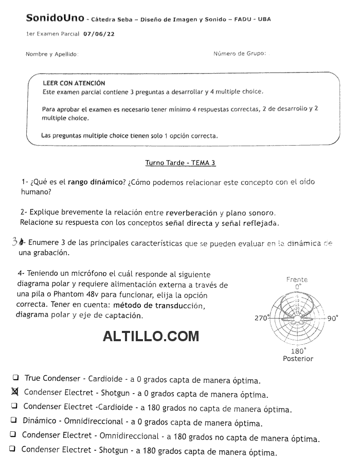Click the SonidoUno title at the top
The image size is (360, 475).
click(55, 19)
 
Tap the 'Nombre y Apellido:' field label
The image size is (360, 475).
click(52, 54)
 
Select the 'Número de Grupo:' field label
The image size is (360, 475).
click(240, 54)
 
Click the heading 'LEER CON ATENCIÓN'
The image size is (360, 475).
click(74, 83)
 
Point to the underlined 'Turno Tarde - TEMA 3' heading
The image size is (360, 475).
click(181, 163)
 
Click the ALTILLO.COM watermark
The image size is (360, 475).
click(151, 337)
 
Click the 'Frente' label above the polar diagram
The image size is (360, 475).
click(297, 279)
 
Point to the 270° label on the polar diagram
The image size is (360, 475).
click(261, 318)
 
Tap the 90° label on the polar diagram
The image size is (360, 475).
click(333, 318)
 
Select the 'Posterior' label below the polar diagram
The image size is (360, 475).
click(298, 359)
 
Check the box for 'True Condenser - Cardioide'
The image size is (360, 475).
click(16, 378)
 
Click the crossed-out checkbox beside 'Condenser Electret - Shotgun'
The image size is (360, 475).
click(14, 392)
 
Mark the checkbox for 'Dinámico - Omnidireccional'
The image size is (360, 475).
click(14, 420)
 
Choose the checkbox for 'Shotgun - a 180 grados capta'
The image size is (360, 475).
click(12, 449)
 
